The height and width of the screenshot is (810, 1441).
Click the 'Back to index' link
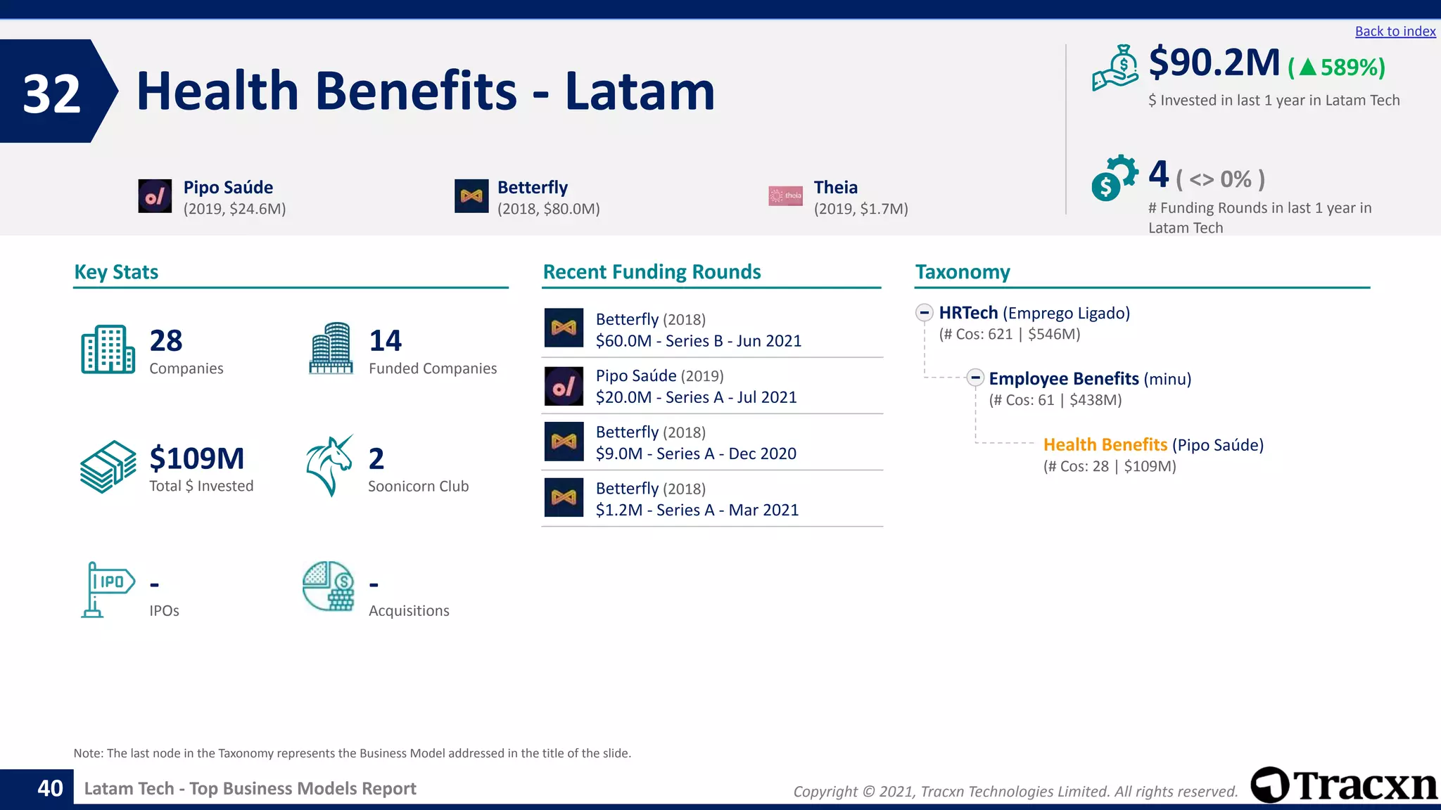1395,32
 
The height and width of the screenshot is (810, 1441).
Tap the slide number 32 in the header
51,93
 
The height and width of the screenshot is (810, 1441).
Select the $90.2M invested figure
1214,63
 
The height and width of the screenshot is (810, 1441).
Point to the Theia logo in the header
785,196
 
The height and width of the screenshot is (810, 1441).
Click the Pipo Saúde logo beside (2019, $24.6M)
155,196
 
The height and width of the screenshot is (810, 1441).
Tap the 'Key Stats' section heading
116,272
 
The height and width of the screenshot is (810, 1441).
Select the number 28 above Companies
166,341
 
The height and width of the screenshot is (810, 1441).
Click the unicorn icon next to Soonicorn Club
329,465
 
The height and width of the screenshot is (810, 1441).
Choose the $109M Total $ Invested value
197,458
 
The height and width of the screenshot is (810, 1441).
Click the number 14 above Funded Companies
385,341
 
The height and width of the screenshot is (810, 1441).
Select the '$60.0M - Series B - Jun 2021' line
698,341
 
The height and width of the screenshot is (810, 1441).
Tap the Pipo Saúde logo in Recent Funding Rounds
564,386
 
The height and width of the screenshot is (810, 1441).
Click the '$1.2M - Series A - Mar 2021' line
697,510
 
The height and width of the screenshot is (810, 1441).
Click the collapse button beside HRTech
924,312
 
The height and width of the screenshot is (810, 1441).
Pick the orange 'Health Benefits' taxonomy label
1105,444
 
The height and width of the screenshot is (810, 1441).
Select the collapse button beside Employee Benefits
975,378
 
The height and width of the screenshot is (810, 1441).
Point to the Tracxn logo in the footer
1344,785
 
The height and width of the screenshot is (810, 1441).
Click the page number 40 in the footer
50,788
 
